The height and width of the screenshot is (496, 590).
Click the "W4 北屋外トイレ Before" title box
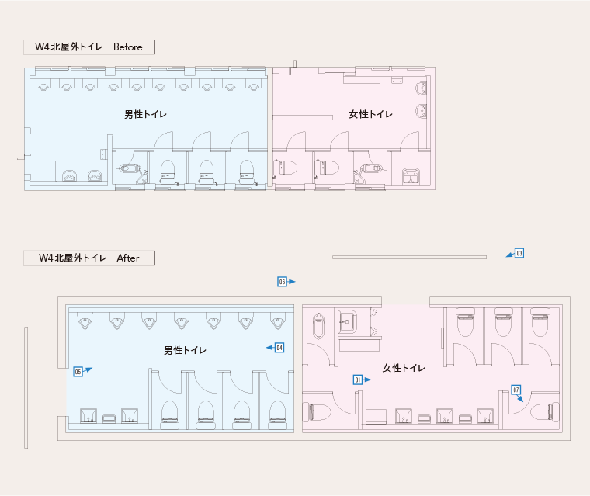[88, 47]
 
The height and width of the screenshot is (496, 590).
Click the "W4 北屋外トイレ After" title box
[88, 258]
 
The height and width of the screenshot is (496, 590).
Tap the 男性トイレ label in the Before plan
[145, 114]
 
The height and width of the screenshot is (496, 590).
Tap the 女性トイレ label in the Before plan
[370, 115]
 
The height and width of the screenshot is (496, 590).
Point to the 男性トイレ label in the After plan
[185, 350]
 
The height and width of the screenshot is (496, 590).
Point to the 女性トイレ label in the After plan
[404, 367]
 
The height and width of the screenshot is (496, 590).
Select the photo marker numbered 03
[519, 253]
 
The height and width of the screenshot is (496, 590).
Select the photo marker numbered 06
[283, 282]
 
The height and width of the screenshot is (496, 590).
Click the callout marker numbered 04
[279, 348]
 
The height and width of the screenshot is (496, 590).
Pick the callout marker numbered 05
[78, 372]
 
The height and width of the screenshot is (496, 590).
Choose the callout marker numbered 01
[358, 380]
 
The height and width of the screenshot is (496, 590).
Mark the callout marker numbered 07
[515, 390]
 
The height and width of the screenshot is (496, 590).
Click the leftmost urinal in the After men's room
[84, 319]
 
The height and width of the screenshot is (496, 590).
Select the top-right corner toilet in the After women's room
[540, 321]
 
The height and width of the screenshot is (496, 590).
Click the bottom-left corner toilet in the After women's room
[318, 411]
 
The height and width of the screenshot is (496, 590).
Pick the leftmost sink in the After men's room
[88, 415]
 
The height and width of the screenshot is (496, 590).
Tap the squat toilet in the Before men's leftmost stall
[130, 168]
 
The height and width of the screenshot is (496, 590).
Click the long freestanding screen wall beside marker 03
[409, 257]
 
